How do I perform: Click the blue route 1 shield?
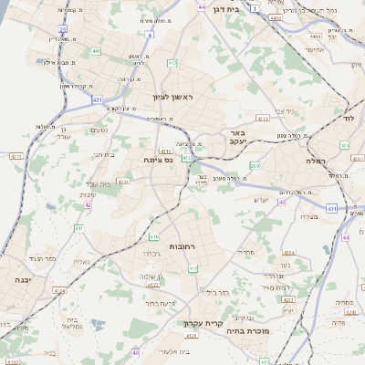(256, 7)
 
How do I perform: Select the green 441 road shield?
(96, 51)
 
